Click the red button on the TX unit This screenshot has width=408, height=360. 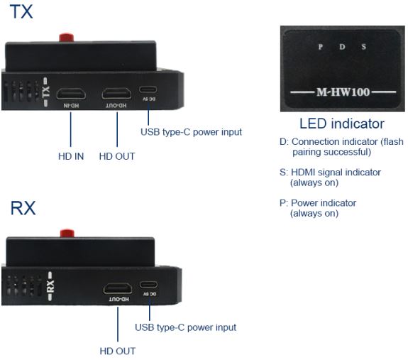click(x=67, y=37)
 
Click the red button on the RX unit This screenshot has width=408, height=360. click(x=67, y=233)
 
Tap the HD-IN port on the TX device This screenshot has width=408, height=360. click(x=71, y=94)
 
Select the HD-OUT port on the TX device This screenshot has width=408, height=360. click(x=116, y=94)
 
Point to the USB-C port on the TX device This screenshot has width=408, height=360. click(x=148, y=89)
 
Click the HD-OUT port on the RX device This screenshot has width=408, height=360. click(x=118, y=288)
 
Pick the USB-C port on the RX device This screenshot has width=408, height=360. click(x=148, y=284)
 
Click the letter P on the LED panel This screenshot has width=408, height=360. click(x=321, y=47)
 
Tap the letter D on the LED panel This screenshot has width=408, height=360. click(x=342, y=47)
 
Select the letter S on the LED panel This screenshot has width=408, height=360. click(x=364, y=47)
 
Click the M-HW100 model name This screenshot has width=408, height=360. click(x=343, y=92)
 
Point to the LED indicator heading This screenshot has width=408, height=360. click(x=342, y=124)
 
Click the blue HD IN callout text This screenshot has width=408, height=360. click(x=71, y=156)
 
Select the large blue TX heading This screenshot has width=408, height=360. click(x=21, y=11)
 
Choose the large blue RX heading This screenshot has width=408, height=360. click(x=23, y=208)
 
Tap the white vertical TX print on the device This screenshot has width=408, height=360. click(x=45, y=92)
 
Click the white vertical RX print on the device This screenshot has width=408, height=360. click(x=50, y=286)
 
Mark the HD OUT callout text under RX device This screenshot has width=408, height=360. click(x=118, y=351)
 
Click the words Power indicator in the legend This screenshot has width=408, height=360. click(x=324, y=203)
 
